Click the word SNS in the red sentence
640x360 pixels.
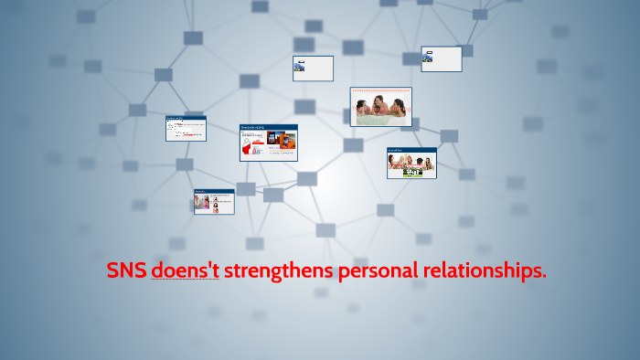(126, 271)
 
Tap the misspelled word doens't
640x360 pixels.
(185, 271)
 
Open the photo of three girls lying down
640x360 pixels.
(380, 107)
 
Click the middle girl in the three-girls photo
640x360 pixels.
(380, 109)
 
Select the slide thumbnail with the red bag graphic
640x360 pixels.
(268, 143)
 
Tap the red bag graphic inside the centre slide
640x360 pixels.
(251, 145)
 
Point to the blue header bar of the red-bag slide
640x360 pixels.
(268, 127)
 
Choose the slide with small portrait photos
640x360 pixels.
(214, 201)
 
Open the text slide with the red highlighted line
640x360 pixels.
(186, 128)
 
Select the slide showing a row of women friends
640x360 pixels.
(411, 163)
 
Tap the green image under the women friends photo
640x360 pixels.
(412, 171)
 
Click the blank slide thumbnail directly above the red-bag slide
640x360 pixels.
(313, 69)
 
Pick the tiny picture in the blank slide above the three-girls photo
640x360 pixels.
(427, 58)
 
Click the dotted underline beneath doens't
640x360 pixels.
(185, 280)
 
